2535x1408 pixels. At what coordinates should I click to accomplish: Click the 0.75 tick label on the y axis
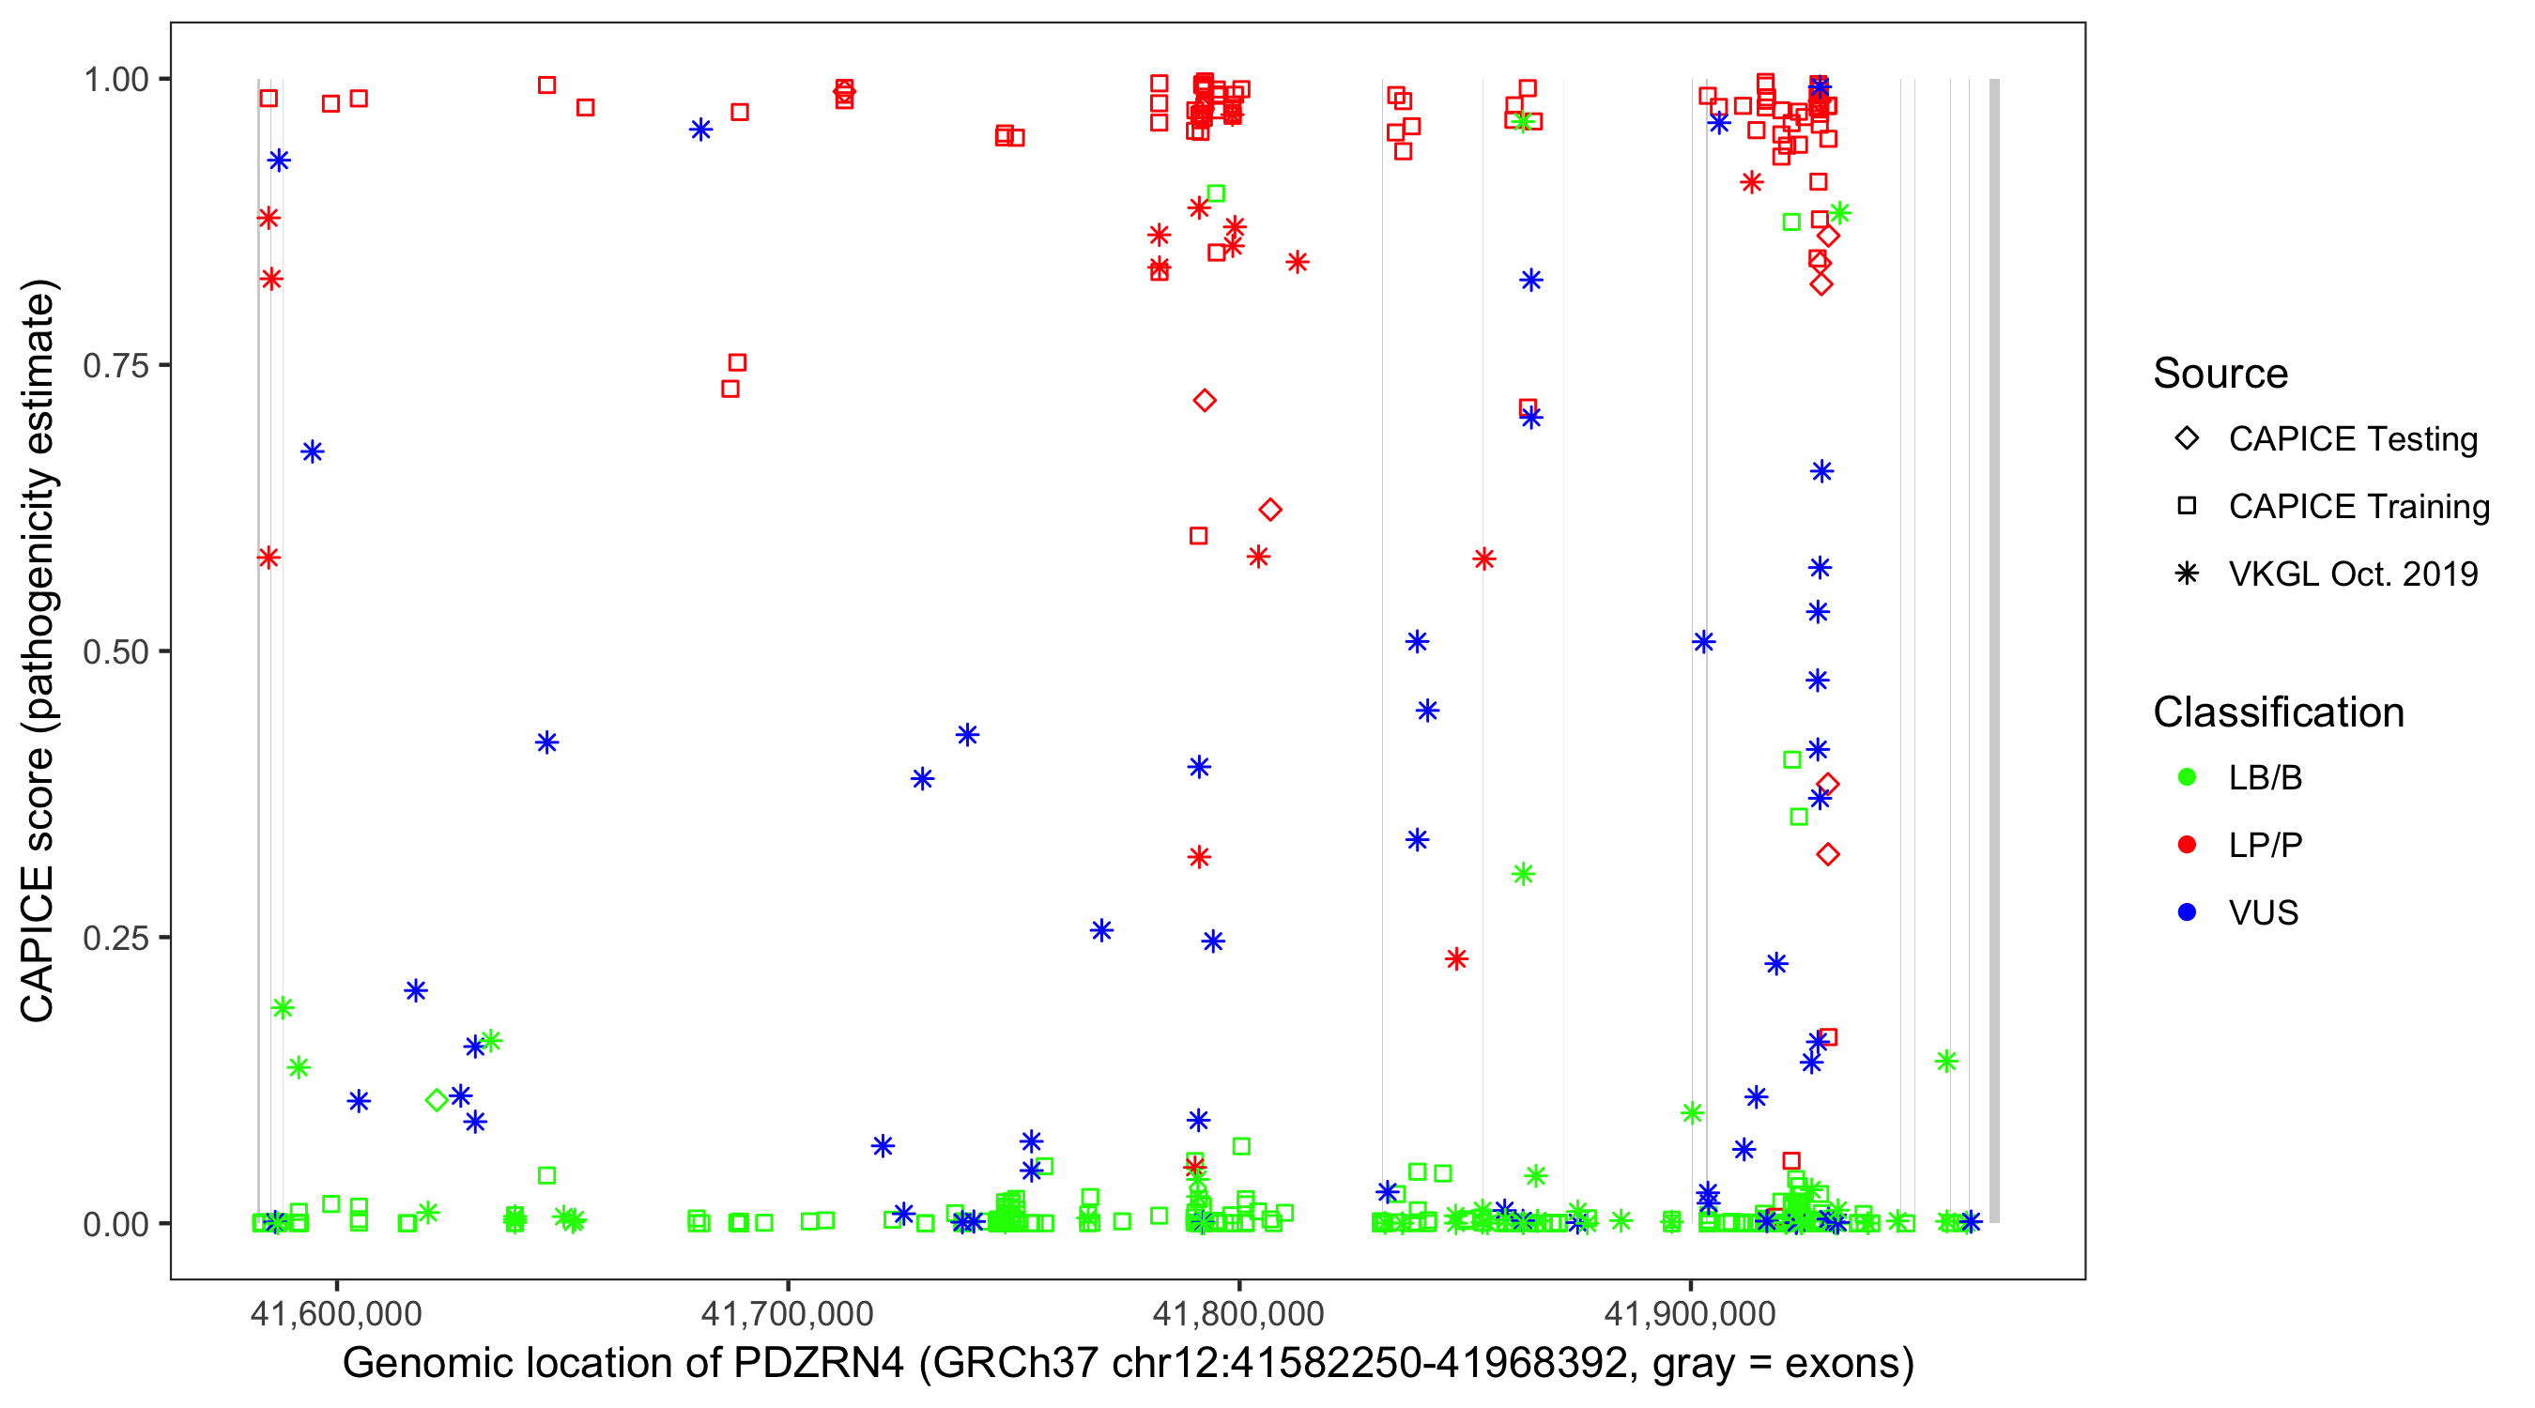pos(115,366)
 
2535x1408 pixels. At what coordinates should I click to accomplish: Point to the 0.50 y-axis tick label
pos(115,652)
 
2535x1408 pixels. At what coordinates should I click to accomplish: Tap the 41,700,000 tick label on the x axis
pos(788,1312)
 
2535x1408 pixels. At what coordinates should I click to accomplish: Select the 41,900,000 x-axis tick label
pos(1691,1312)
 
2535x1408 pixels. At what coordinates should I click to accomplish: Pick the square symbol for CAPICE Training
pos(2187,507)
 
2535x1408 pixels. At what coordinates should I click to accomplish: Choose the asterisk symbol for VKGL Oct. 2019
pos(2187,574)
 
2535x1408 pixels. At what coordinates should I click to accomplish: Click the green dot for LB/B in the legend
pos(2187,778)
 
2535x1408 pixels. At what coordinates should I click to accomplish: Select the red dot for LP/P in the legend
pos(2187,845)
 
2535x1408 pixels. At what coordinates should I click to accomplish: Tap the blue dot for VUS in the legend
pos(2187,913)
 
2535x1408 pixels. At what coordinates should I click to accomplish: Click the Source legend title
pos(2220,374)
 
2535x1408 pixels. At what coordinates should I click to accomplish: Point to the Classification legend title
pos(2278,712)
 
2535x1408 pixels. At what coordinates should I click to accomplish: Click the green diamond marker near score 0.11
pos(437,1100)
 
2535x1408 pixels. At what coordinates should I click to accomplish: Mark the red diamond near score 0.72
pos(1205,401)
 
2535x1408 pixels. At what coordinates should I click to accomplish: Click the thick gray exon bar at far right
pos(1995,650)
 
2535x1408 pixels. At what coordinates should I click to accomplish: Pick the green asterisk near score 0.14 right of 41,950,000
pos(1945,1062)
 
